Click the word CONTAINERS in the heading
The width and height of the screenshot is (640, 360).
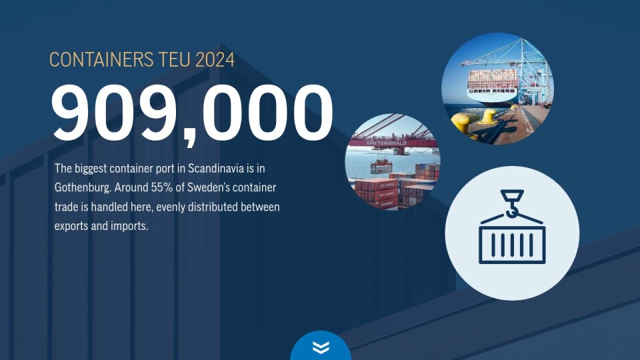coord(101,59)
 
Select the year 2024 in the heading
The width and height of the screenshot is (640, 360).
coord(215,59)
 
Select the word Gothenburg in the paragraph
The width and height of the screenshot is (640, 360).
coord(82,188)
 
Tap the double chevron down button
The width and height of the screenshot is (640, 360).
coord(321,347)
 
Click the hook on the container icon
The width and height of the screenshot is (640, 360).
coord(512,203)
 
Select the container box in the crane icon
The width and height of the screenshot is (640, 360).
coord(512,244)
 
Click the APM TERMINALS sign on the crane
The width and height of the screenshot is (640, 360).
coord(386,144)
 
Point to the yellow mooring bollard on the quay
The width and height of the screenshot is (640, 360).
coord(488,117)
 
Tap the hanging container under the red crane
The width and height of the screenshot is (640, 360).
coord(381,167)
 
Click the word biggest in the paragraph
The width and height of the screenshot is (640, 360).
coord(91,169)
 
